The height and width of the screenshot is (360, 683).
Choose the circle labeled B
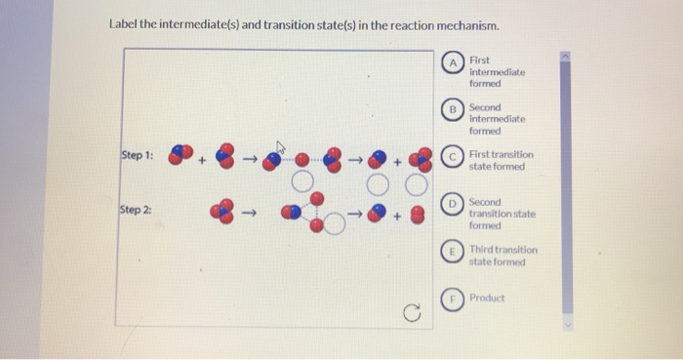pyautogui.click(x=452, y=111)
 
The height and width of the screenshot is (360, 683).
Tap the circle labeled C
pyautogui.click(x=452, y=156)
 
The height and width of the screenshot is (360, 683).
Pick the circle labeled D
pyautogui.click(x=452, y=204)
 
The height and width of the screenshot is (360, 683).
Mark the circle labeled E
pyautogui.click(x=452, y=251)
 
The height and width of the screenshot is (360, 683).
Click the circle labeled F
pyautogui.click(x=452, y=299)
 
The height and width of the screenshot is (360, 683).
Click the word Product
pyautogui.click(x=487, y=298)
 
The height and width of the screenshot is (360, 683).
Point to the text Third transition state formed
pyautogui.click(x=502, y=256)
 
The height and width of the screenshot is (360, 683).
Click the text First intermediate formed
pyautogui.click(x=497, y=71)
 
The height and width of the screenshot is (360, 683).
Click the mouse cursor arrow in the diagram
pyautogui.click(x=278, y=148)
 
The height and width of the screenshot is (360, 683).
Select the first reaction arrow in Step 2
pyautogui.click(x=249, y=209)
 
